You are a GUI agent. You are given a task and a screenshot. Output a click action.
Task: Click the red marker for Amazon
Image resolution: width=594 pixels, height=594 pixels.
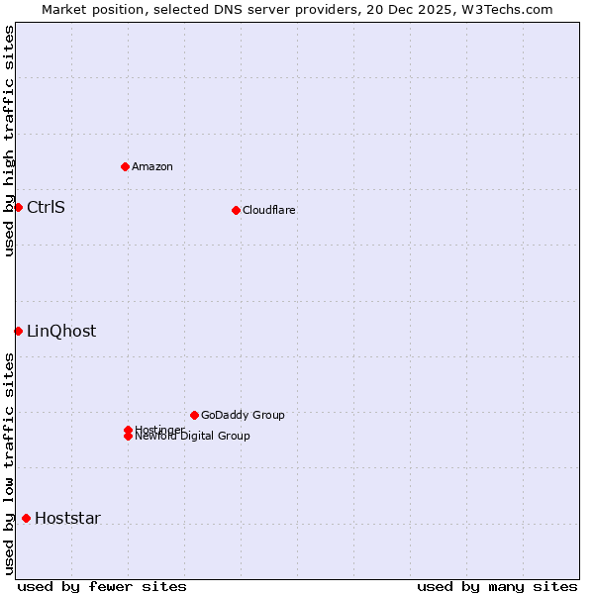point(125,166)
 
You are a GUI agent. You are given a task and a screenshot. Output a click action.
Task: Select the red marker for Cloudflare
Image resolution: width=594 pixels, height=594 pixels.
point(236,210)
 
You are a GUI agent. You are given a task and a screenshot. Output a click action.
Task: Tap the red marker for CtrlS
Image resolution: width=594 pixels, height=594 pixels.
point(18,207)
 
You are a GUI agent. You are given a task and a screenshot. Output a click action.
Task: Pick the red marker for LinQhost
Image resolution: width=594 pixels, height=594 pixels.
point(18,331)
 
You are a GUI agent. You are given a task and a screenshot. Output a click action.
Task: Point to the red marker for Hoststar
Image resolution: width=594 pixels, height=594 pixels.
point(26,518)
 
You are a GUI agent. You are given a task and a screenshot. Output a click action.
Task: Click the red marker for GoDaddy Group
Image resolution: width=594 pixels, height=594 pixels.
point(194,415)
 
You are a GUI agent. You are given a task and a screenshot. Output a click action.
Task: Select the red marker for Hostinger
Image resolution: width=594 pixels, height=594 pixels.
point(128,430)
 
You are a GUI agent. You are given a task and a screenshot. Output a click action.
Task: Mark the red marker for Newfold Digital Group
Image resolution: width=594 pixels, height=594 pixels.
point(128,437)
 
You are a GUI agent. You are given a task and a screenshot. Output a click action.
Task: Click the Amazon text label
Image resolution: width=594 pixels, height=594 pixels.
point(152,166)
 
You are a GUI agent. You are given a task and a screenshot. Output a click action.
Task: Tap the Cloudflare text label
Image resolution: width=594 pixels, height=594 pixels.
point(269,210)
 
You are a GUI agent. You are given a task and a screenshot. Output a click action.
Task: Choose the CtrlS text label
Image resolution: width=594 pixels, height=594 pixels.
point(46,207)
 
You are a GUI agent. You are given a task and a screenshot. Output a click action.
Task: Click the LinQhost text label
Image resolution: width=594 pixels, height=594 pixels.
point(61,331)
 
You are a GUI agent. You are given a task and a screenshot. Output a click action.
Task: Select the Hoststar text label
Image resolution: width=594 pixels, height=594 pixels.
point(67,518)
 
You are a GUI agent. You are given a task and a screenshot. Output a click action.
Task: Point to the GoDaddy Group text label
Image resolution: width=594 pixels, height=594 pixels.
point(243,415)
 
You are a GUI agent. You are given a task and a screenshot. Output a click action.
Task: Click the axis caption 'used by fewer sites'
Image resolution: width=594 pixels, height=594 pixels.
point(102,586)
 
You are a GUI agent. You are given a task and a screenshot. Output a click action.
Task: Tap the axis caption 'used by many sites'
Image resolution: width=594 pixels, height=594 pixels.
point(497,586)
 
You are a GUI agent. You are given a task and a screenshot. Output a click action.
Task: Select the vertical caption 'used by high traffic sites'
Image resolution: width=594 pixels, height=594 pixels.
point(9,141)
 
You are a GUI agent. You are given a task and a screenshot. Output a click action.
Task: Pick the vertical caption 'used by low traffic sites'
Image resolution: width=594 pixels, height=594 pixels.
point(9,463)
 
